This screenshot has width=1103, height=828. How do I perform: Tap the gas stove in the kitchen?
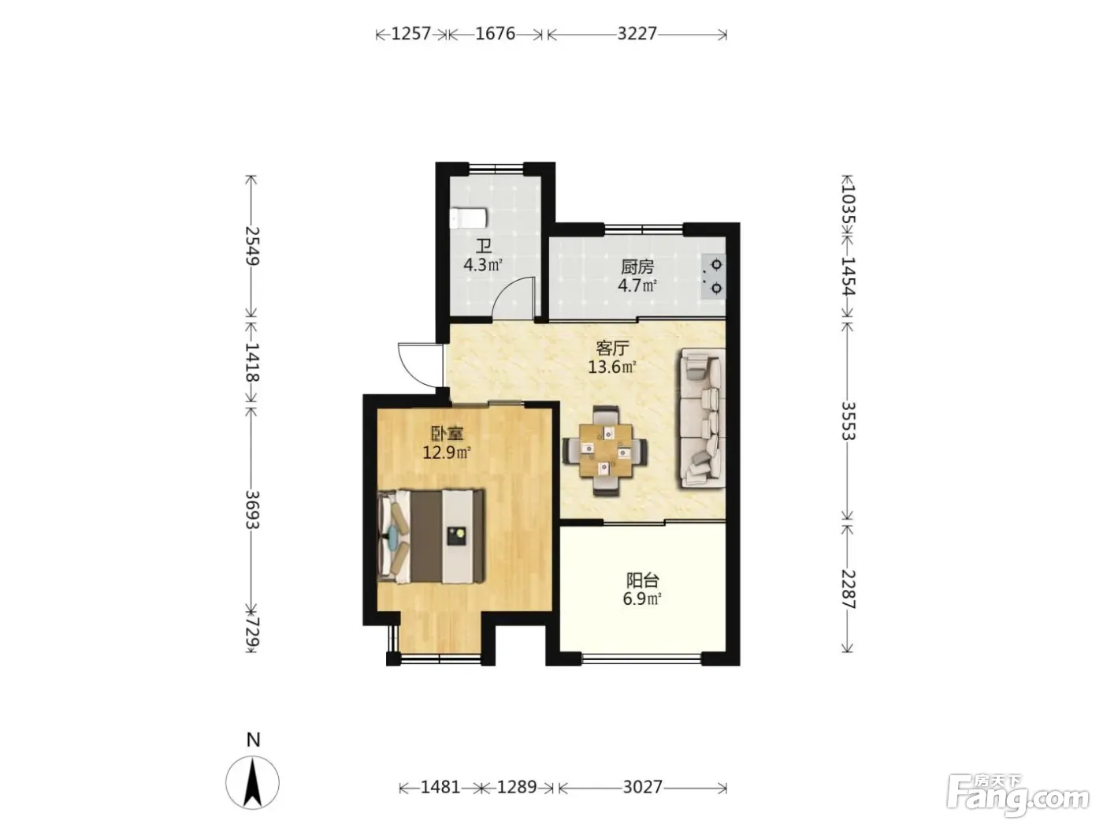coord(714,276)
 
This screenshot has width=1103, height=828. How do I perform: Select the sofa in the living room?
coord(702,418)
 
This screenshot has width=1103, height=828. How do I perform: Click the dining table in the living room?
coord(605,450)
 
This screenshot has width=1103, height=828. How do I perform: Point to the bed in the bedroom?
coord(431,537)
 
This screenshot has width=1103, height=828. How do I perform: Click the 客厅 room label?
coord(612,347)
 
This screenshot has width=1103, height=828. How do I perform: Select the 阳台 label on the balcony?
coord(642,580)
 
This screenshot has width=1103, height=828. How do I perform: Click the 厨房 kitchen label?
coord(637,267)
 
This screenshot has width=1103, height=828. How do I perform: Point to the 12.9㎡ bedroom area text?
coord(446,453)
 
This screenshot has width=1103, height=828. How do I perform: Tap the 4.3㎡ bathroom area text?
coord(483,264)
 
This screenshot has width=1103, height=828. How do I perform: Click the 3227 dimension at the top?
coord(637,34)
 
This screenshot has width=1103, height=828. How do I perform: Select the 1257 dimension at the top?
coord(410,34)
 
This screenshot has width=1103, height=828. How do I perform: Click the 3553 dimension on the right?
coord(848,420)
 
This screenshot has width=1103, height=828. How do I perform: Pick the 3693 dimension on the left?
coord(252,509)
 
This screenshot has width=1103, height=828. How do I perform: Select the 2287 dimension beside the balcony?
coord(848,589)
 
